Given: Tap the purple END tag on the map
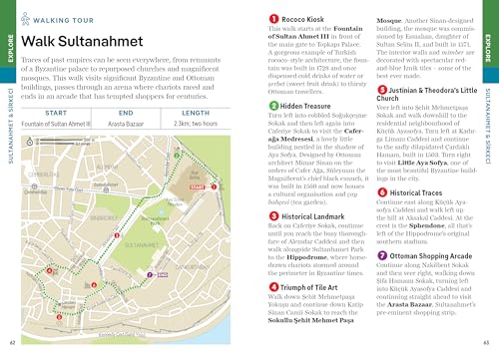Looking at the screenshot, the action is pos(162,274).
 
